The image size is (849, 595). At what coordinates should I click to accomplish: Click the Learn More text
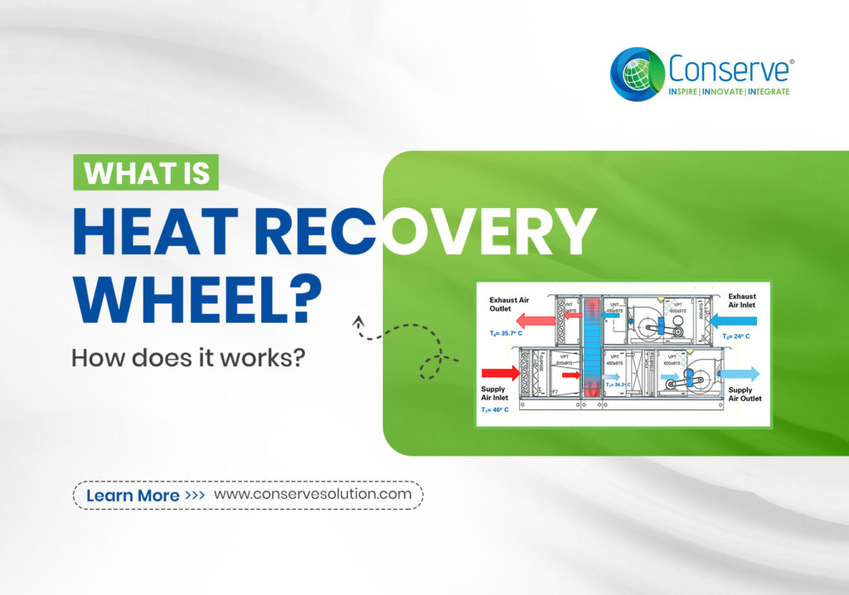133,496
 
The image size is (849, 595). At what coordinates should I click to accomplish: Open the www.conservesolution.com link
313,494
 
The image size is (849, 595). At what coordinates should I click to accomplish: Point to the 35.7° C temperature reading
511,333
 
